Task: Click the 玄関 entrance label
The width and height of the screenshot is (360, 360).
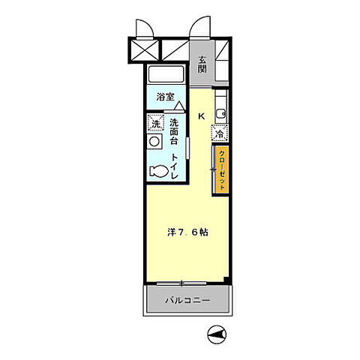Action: tap(202, 64)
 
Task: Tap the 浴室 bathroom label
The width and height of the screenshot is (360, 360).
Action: tap(166, 97)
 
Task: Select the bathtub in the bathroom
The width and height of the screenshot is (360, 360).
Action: tap(166, 74)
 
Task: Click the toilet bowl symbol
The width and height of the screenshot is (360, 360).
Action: tap(158, 172)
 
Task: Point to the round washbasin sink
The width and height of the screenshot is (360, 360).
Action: tap(154, 142)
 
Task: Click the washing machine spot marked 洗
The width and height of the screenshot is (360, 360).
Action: tap(155, 123)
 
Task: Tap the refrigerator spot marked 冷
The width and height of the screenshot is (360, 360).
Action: tap(220, 133)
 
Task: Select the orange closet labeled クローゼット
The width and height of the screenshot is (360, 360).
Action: tap(222, 171)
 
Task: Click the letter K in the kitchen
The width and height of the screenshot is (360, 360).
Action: tap(202, 116)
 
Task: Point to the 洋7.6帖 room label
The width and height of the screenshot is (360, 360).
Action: tap(187, 232)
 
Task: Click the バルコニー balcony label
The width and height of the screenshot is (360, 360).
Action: tap(187, 300)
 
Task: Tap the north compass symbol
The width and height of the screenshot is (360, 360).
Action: tap(217, 334)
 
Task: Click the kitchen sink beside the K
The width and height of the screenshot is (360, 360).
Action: tap(221, 114)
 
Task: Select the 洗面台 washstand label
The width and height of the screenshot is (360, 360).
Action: tap(174, 132)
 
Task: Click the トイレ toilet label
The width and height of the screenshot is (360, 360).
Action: tap(174, 166)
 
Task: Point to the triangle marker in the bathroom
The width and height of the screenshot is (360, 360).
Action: tap(179, 106)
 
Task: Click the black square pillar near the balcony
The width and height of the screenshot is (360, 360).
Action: tap(226, 280)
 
